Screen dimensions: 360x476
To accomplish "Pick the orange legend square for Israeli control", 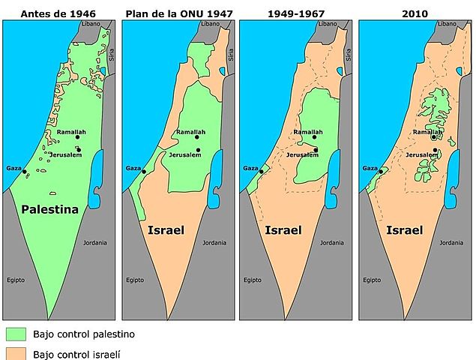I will (x=15, y=353).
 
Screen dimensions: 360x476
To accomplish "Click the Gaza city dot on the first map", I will (x=25, y=172).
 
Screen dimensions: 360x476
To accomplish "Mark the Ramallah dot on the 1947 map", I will (x=197, y=137).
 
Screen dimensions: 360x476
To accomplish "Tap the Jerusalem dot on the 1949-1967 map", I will (x=316, y=150).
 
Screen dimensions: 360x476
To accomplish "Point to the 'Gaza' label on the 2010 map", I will (x=370, y=168).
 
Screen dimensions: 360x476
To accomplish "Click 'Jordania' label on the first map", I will (x=94, y=242).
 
